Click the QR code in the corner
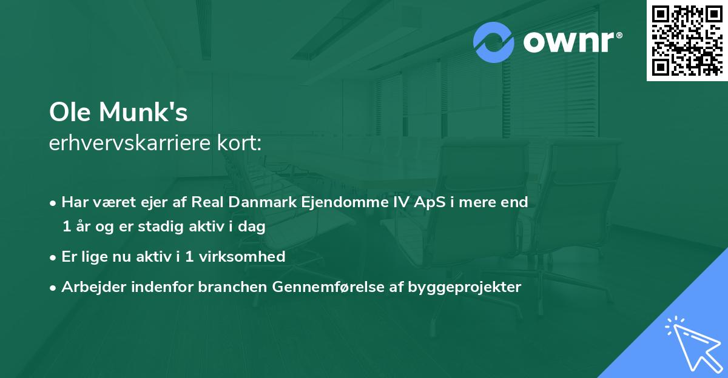click(x=687, y=41)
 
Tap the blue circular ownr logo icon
click(x=494, y=42)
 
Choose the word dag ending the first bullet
click(x=253, y=227)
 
